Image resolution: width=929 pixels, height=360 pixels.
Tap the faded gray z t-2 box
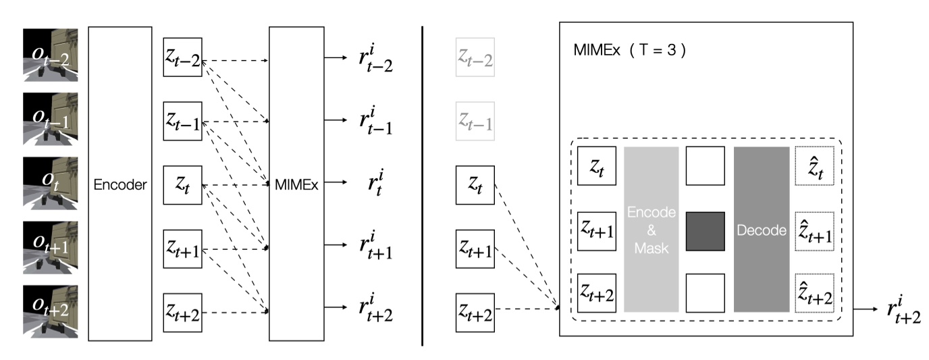click(x=475, y=59)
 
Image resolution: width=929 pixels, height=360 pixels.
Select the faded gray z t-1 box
click(x=475, y=122)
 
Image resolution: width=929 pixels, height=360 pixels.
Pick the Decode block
click(x=762, y=230)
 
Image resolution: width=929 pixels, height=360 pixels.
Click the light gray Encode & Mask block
click(x=650, y=230)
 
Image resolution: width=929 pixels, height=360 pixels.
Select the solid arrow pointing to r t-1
click(x=334, y=122)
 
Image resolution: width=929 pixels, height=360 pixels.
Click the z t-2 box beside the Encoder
click(x=182, y=59)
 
